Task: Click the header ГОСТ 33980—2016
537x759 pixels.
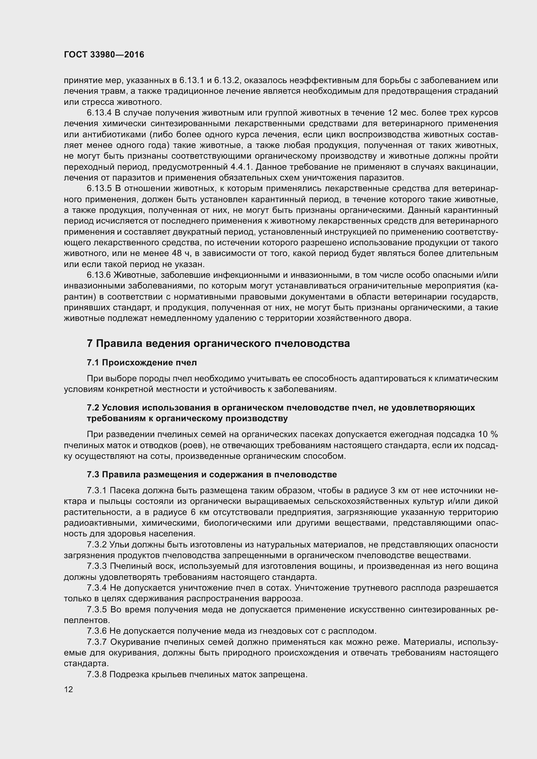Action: click(x=104, y=55)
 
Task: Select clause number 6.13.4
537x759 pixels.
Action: click(x=99, y=113)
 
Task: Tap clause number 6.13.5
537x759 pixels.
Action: click(x=99, y=189)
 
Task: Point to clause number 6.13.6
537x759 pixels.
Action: click(x=99, y=275)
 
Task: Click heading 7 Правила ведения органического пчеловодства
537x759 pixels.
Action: click(x=218, y=343)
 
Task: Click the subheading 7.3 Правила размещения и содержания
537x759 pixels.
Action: click(x=212, y=475)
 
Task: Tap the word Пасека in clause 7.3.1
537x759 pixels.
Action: click(x=123, y=490)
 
